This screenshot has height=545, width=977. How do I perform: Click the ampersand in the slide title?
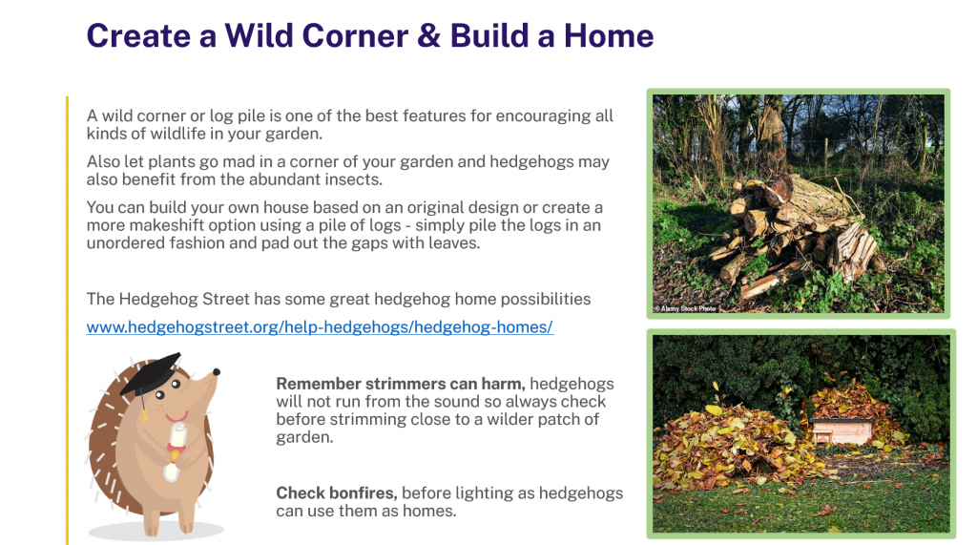coord(428,36)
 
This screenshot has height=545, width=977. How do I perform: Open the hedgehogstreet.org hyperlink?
coord(320,326)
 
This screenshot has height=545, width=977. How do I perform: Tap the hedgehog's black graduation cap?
coord(151,373)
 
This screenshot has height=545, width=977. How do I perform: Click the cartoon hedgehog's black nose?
coord(217,372)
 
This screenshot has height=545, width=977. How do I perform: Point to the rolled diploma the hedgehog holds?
coord(176,451)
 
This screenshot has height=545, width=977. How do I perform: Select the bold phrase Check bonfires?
coord(337,493)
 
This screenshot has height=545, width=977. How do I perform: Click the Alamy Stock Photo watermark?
coord(685,308)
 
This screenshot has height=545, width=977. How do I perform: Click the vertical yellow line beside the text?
coord(67,321)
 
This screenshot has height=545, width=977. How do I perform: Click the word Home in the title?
coord(609,36)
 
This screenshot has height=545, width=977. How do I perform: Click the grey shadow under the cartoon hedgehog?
coord(156,532)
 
